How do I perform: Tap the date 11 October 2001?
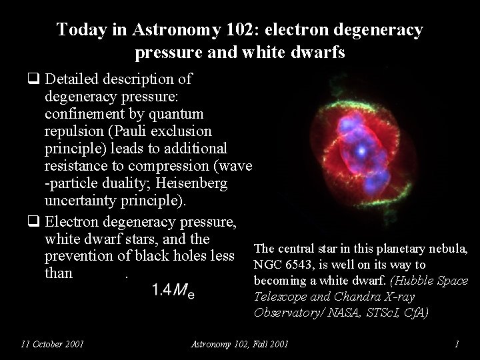[x=52, y=344]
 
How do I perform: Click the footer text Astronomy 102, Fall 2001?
[x=239, y=344]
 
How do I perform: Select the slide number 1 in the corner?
[x=457, y=344]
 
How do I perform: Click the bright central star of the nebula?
[x=361, y=151]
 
